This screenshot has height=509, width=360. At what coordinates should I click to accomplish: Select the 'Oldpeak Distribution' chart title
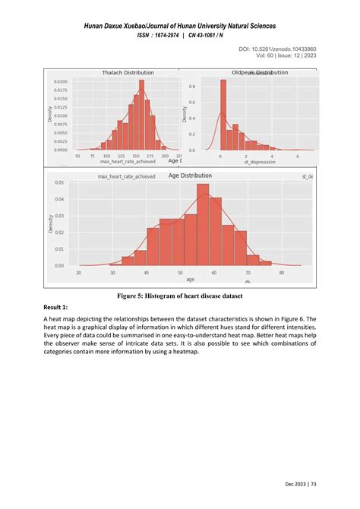[x=260, y=72]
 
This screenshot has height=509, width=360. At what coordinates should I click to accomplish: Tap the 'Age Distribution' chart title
[x=190, y=175]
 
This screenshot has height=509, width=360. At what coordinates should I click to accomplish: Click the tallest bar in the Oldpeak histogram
[x=223, y=114]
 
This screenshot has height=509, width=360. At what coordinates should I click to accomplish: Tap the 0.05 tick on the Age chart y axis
[x=58, y=183]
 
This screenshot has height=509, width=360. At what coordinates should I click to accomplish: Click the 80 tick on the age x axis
[x=281, y=273]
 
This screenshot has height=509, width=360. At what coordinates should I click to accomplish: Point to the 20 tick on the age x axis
[x=79, y=273]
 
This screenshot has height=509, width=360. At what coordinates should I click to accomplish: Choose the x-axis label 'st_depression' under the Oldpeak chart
[x=260, y=163]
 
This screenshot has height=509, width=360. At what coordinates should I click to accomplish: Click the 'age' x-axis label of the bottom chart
[x=181, y=279]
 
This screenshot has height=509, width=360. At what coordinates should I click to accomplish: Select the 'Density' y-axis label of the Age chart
[x=51, y=225]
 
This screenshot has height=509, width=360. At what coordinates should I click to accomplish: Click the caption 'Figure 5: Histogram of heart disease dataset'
[x=180, y=294]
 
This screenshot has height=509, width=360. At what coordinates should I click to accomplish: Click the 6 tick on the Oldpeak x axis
[x=298, y=156]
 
